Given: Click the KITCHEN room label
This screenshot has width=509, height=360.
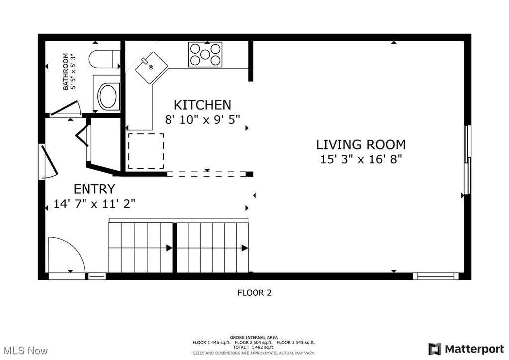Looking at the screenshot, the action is (x=203, y=105).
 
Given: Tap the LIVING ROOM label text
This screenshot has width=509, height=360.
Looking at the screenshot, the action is (x=361, y=145).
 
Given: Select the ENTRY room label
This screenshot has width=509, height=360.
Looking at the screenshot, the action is (x=94, y=189).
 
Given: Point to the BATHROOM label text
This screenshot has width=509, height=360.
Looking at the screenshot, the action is (x=65, y=72).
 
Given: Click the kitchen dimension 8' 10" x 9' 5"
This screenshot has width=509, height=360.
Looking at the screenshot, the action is (x=203, y=120).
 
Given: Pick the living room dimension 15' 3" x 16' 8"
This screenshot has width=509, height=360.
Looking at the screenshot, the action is (x=361, y=159).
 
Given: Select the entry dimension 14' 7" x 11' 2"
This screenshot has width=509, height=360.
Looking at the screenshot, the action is (x=94, y=204).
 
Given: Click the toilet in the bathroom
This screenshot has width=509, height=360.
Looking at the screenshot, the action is (x=104, y=59).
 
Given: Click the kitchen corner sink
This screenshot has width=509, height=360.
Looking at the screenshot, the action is (x=151, y=68).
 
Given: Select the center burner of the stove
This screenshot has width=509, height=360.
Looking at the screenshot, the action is (x=205, y=54).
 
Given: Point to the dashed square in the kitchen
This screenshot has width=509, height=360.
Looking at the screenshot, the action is (x=146, y=151).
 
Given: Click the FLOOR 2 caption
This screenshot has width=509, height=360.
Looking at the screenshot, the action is (x=254, y=293).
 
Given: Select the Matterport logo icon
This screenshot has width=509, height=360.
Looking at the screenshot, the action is (x=435, y=349).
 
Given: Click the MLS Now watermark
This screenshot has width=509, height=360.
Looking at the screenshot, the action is (x=26, y=351).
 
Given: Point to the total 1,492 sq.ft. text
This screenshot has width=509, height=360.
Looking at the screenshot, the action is (x=254, y=347).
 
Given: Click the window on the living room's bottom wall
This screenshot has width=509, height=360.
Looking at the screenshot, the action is (x=435, y=276).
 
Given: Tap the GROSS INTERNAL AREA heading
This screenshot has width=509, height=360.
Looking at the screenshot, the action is (x=254, y=337).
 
